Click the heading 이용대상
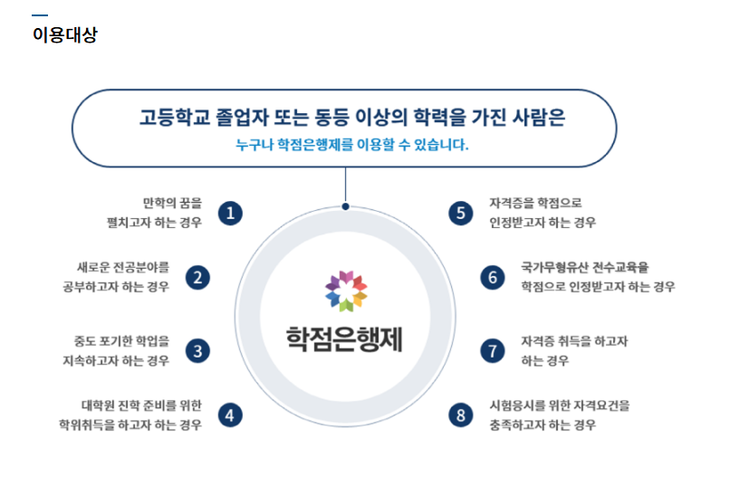click(64, 36)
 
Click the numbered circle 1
click(231, 213)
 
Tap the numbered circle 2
click(197, 277)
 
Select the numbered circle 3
click(197, 350)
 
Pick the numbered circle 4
click(231, 415)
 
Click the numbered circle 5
click(461, 213)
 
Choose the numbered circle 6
click(493, 277)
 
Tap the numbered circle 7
click(493, 350)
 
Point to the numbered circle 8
click(461, 415)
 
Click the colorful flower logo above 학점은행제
click(346, 289)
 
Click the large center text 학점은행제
click(345, 338)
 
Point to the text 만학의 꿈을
click(172, 203)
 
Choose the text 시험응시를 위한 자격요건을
click(559, 405)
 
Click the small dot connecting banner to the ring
click(346, 206)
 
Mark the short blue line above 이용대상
click(40, 15)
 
